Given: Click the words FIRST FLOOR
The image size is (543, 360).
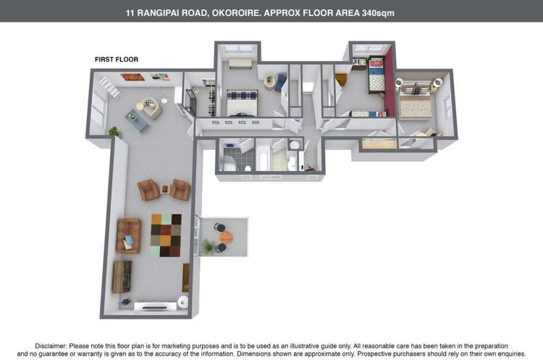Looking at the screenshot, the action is (117, 59).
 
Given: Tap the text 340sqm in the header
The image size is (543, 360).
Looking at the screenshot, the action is (378, 13).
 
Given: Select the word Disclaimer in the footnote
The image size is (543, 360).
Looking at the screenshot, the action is (51, 346).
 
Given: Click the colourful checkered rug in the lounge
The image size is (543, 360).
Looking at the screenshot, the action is (167, 235).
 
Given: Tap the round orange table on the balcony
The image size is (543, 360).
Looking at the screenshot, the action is (226, 238).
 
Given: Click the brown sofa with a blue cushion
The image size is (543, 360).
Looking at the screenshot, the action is (128, 235).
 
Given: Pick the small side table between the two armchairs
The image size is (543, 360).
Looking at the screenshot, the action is (165, 189).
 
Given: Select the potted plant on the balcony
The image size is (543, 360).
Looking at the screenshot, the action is (208, 247).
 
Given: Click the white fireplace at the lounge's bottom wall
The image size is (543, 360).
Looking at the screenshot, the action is (151, 306).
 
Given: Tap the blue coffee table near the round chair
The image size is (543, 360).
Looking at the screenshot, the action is (138, 121).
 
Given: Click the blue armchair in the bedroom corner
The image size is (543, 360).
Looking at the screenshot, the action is (281, 83).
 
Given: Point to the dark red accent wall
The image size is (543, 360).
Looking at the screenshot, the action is (391, 81).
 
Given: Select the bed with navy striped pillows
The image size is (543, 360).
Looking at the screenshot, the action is (243, 103).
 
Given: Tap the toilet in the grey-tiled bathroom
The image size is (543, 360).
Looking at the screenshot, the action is (248, 169).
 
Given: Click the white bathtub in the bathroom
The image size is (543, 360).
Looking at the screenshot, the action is (263, 159).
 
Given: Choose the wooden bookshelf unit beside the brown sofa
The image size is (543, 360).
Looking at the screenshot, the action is (122, 277).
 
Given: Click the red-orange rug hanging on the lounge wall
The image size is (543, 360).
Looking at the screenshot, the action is (132, 77).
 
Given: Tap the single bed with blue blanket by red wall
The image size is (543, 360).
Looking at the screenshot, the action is (376, 75).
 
